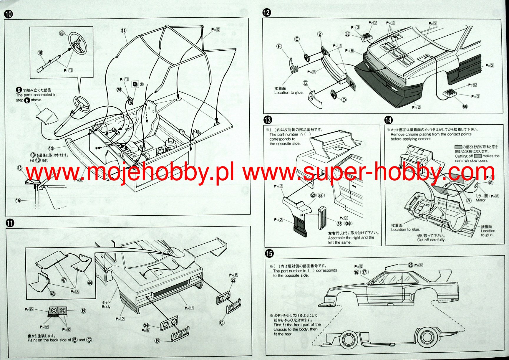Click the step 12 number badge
click(267, 12)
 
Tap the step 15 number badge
click(269, 253)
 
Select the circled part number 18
click(40, 53)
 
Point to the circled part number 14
click(123, 31)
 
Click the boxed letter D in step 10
click(135, 84)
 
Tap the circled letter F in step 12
click(279, 46)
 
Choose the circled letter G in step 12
click(306, 83)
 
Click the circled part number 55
click(347, 34)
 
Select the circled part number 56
click(465, 107)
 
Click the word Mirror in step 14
click(480, 200)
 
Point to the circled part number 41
click(490, 182)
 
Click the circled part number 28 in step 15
click(410, 265)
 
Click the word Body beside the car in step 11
click(106, 307)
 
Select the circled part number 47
click(64, 280)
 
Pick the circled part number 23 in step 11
click(233, 280)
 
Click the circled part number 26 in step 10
click(119, 90)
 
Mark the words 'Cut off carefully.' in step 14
click(431, 240)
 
